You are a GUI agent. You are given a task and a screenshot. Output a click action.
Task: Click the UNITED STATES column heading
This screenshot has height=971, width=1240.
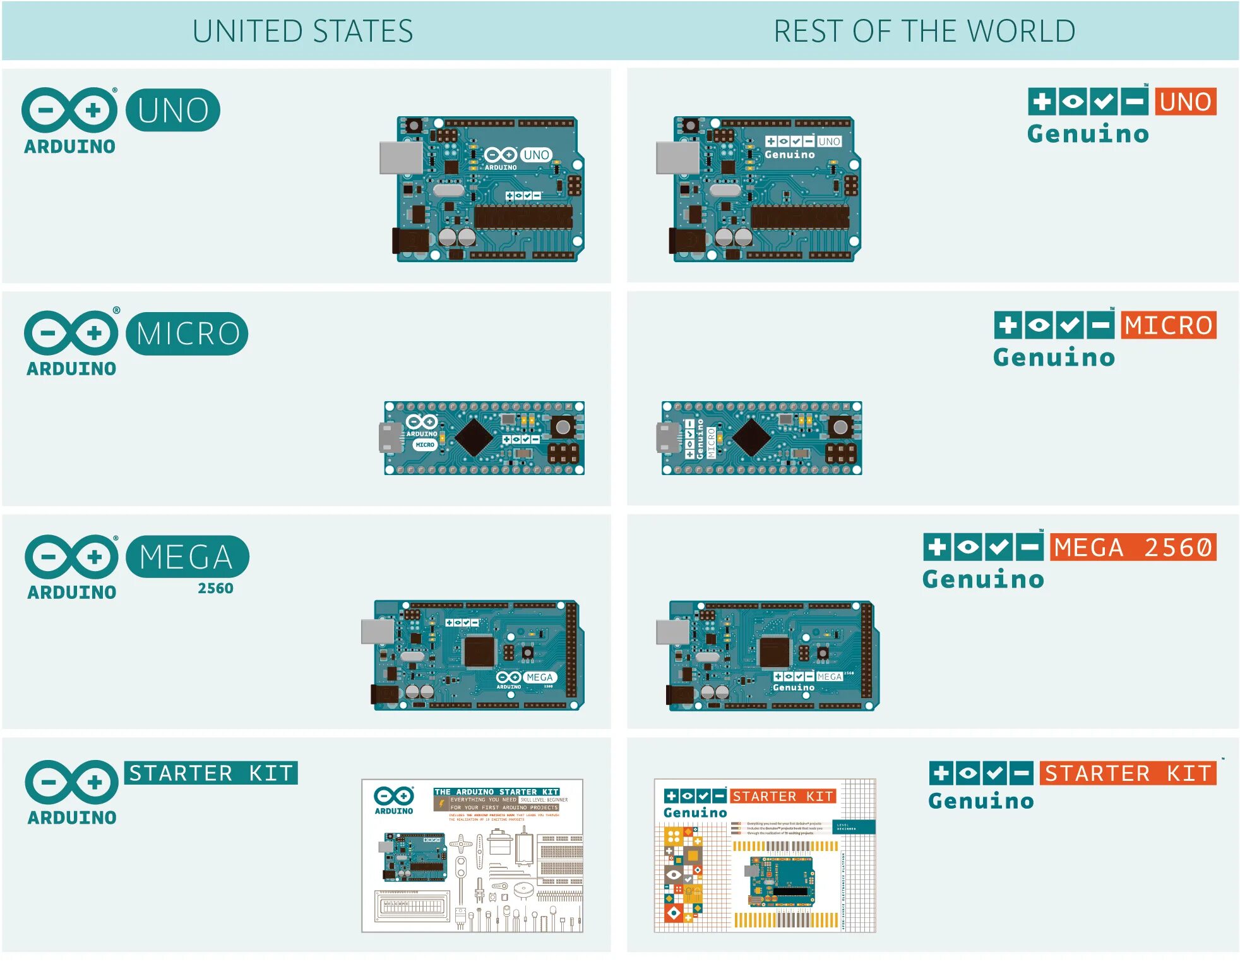pos(302,31)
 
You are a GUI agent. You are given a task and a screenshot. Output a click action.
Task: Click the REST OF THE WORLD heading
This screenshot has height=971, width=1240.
pos(924,31)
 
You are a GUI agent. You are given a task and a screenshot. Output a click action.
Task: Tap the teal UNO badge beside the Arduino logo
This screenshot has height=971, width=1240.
pos(173,111)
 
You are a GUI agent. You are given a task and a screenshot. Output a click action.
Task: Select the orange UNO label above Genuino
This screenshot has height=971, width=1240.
pos(1185,102)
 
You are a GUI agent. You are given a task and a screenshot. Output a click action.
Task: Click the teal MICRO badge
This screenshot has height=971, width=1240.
pos(187,334)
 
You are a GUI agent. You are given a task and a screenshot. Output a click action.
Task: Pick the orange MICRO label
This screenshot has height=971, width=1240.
pos(1168,325)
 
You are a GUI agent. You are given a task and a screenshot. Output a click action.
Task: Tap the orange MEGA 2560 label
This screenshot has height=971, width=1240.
pos(1133,547)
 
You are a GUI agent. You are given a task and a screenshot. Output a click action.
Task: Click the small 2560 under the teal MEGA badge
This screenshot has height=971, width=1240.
pos(215,588)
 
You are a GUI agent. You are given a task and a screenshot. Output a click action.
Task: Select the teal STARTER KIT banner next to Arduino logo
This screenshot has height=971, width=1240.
pos(211,773)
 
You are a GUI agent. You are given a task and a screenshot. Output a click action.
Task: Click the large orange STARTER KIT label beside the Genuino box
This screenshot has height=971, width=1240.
pos(1128,773)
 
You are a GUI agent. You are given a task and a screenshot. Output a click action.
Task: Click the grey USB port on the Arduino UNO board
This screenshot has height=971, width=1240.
pos(400,157)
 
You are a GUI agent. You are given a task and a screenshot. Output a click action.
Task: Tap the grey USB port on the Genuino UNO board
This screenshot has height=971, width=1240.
pos(677,157)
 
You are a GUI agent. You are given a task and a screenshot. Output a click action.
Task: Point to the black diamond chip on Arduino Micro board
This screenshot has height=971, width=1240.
pos(474,437)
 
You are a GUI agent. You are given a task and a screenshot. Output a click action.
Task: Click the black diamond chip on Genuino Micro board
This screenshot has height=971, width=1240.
pos(751,437)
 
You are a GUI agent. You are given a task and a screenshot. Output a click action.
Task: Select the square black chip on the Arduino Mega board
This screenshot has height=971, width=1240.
pos(479,651)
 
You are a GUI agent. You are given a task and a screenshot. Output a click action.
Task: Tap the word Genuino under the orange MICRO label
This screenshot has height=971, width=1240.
pos(1054,358)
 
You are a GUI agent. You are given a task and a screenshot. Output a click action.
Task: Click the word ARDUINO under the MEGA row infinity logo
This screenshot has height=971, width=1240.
pos(71,593)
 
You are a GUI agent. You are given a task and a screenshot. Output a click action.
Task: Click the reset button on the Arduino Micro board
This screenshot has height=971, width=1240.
pos(563,428)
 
